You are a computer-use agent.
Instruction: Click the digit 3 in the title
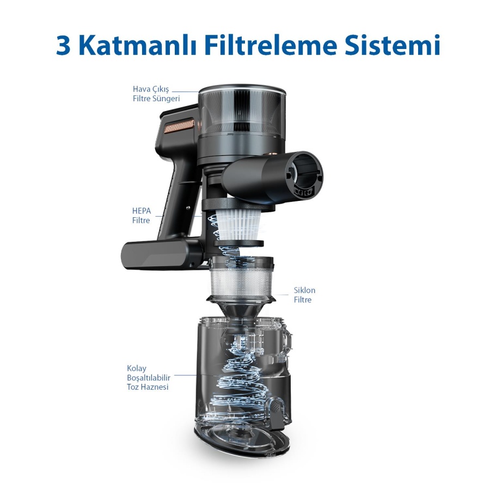coord(64,46)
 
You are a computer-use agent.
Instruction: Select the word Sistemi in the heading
coord(392,46)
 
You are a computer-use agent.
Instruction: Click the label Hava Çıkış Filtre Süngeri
coord(156,94)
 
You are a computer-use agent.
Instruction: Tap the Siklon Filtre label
coord(304,295)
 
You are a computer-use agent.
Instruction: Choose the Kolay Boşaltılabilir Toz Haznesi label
coord(149,377)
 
